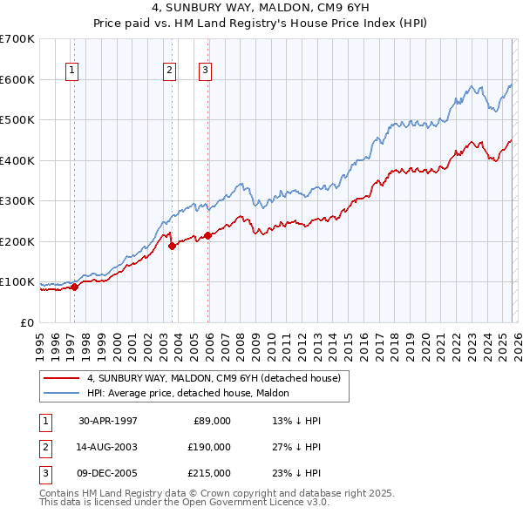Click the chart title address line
tap(261, 8)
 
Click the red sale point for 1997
tap(74, 286)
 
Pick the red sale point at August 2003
tap(172, 246)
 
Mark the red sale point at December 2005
tap(207, 235)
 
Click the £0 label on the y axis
tap(26, 322)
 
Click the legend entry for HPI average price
tap(193, 393)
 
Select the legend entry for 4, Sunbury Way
tap(217, 378)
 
